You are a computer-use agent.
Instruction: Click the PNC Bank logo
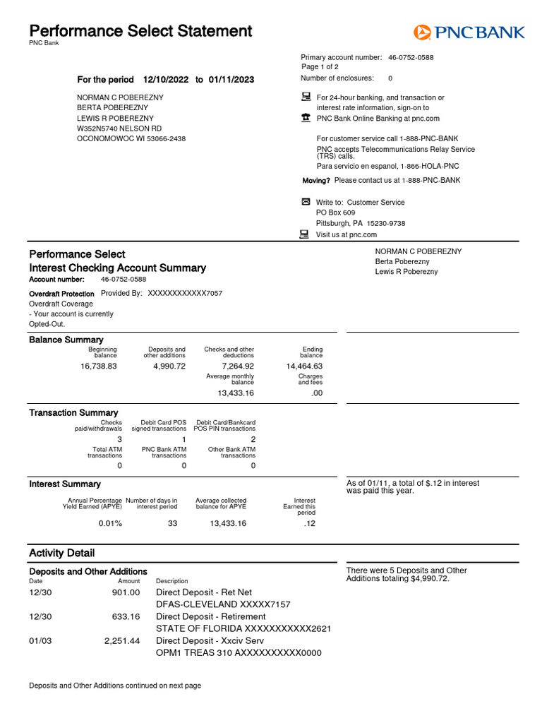469,32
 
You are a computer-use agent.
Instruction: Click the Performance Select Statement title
140,31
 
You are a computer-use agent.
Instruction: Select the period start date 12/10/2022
166,80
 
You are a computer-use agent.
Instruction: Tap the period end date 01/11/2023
231,80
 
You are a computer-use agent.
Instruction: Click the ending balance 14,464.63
304,366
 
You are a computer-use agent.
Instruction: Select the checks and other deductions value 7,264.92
238,366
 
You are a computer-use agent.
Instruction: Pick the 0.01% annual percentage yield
110,523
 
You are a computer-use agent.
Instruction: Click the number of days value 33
173,523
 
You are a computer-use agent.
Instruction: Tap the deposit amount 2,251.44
122,641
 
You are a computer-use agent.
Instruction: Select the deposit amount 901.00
126,592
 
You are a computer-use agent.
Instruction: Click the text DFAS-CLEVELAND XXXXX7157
223,604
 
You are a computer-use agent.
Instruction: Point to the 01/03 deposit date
40,641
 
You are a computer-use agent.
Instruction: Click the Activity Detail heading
61,553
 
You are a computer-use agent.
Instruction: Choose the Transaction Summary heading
73,412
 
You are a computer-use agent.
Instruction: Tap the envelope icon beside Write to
306,202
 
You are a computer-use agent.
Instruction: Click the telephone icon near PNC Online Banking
306,118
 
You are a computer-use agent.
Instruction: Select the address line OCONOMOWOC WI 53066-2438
131,139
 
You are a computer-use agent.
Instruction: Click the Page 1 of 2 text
320,67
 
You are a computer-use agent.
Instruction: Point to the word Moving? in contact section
316,181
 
